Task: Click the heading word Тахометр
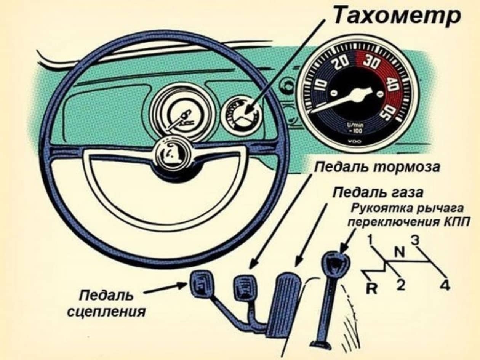(396, 16)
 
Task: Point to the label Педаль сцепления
(106, 303)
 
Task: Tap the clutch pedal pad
(201, 284)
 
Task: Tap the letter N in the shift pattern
(399, 252)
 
